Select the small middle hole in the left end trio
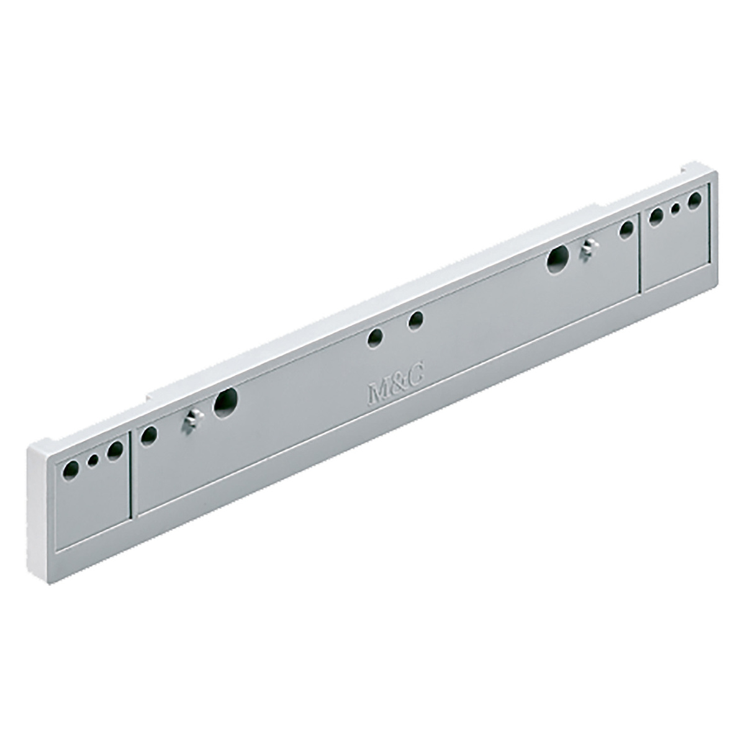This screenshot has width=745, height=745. pos(94,460)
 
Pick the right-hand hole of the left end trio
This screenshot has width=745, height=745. pos(114,450)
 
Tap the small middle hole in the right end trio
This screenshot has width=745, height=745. pos(675,209)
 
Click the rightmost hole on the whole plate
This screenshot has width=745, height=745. pos(694,200)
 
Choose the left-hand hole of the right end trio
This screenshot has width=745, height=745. pos(656,217)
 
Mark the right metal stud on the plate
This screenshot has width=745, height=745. pos(587,249)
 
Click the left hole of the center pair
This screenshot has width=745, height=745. pos(375,338)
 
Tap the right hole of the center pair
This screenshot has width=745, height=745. pos(415,320)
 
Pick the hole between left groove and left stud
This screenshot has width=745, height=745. pos(148,435)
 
